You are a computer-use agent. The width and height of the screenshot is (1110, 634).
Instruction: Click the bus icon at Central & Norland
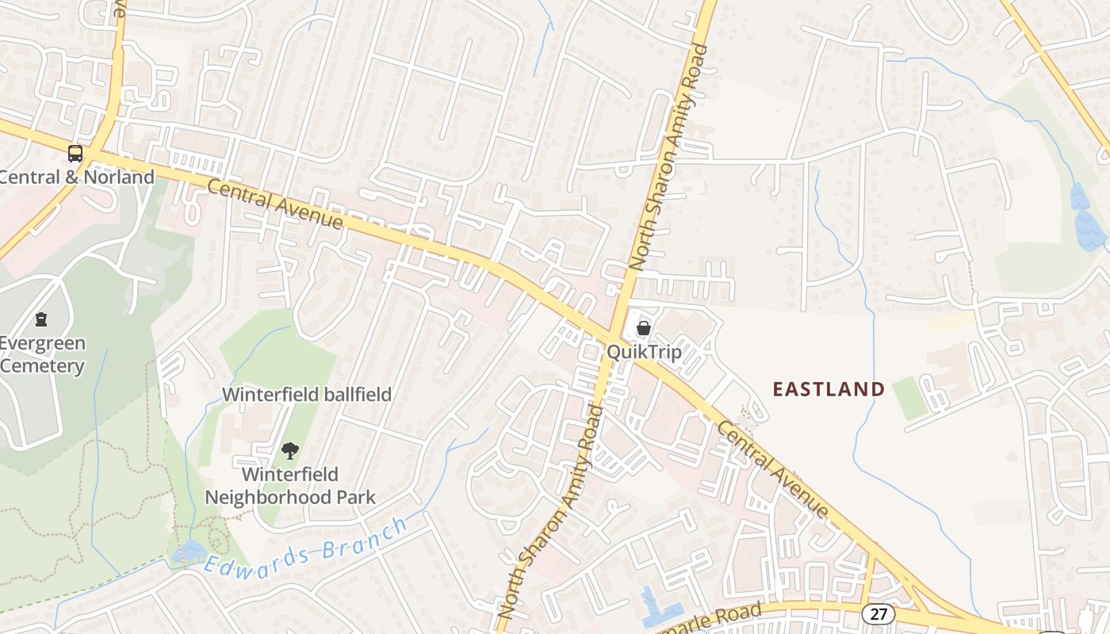[75, 154]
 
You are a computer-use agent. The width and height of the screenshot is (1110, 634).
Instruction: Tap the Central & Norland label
[77, 177]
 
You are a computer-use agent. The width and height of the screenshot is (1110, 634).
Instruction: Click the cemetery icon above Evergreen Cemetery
[41, 319]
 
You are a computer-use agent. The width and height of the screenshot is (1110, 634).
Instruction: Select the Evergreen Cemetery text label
[43, 355]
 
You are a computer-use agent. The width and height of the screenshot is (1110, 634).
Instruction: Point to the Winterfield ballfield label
[307, 394]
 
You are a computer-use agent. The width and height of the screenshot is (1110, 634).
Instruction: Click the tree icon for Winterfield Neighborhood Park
[290, 451]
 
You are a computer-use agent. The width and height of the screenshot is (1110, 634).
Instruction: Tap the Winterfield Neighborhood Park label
[290, 486]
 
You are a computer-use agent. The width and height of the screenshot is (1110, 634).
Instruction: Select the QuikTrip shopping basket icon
[644, 327]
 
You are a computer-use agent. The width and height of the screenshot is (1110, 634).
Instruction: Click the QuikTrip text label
[644, 351]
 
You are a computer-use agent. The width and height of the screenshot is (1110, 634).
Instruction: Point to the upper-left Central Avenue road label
[275, 204]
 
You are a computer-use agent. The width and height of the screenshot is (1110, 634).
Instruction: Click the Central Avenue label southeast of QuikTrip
[772, 469]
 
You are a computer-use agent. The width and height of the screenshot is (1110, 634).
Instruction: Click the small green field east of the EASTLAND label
[909, 398]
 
